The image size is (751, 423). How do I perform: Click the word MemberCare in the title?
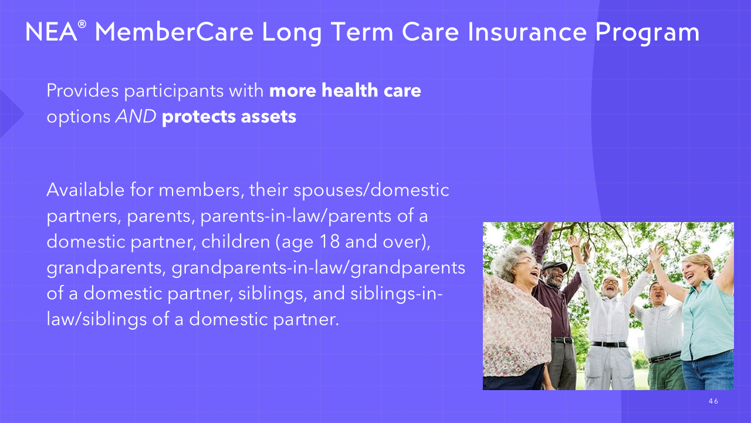(x=174, y=32)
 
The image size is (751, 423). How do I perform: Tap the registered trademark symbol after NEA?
(x=82, y=24)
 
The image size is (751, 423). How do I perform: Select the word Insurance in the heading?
(x=527, y=32)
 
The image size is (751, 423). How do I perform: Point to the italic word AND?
(x=136, y=116)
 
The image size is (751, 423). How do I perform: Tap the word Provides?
(x=83, y=90)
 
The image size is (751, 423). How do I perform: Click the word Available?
(x=86, y=190)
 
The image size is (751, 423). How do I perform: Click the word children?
(x=236, y=241)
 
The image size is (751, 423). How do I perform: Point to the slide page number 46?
(x=713, y=401)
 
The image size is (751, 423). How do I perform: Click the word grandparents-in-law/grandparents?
(x=319, y=268)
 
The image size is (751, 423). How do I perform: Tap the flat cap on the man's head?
(x=554, y=266)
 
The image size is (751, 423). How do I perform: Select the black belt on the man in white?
(x=609, y=344)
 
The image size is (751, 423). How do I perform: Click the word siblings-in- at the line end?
(x=397, y=293)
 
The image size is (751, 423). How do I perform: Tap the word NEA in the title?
(x=51, y=32)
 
